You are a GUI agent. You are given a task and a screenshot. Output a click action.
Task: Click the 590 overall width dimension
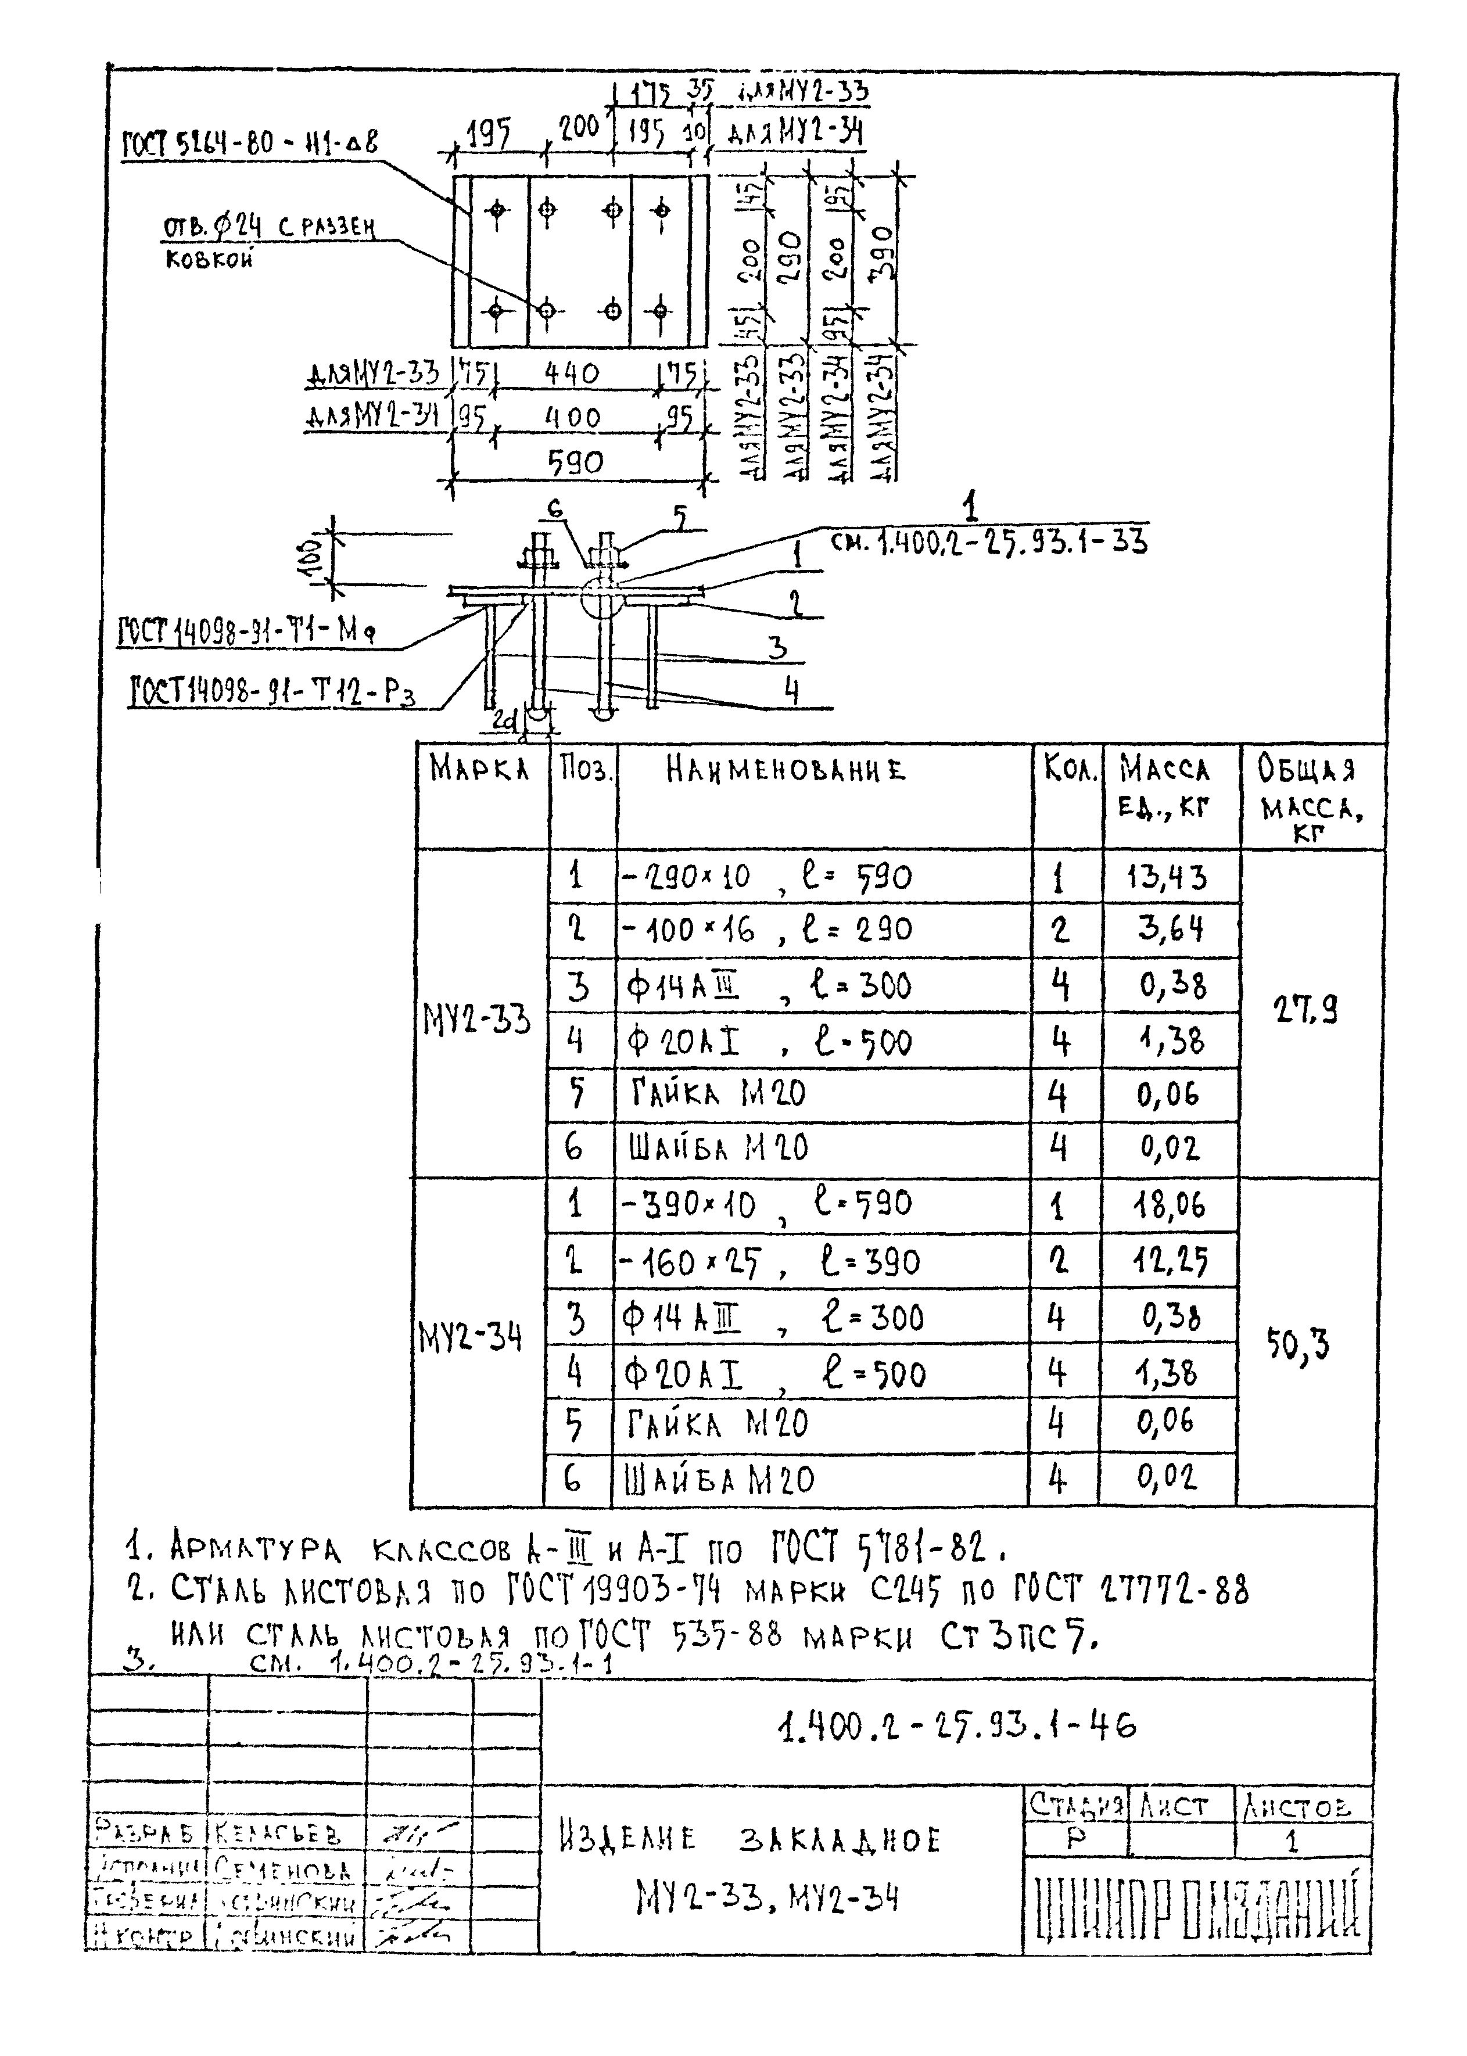tap(575, 462)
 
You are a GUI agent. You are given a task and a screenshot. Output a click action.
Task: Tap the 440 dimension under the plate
tap(571, 373)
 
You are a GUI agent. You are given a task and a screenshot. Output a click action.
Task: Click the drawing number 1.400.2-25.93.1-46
tap(956, 1726)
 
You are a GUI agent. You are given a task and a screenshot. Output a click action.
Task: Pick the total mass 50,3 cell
tap(1298, 1345)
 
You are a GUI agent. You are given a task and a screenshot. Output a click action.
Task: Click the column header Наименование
tap(785, 770)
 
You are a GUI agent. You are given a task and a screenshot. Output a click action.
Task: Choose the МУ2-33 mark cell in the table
tap(477, 1021)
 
